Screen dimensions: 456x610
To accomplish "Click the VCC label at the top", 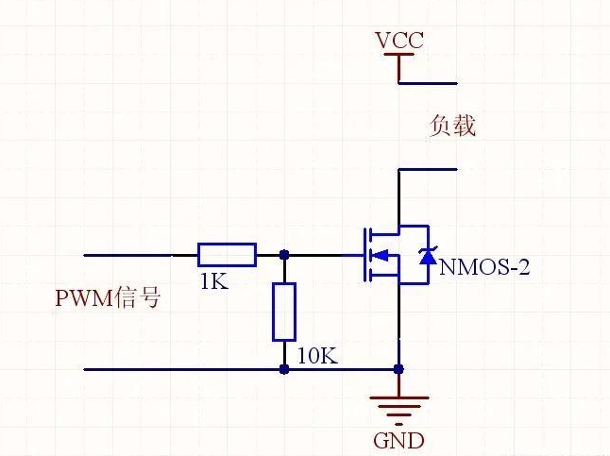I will pyautogui.click(x=399, y=41).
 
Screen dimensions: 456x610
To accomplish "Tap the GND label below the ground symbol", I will pyautogui.click(x=398, y=441).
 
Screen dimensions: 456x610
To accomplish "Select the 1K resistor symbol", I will pyautogui.click(x=227, y=255).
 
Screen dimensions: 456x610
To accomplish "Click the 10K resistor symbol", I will pyautogui.click(x=284, y=312).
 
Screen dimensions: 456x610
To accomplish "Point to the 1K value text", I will pyautogui.click(x=214, y=281).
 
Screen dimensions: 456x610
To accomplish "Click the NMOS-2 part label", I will pyautogui.click(x=484, y=267).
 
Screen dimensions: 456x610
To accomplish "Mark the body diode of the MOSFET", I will pyautogui.click(x=428, y=255).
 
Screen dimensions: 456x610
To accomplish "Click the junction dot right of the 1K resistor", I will pyautogui.click(x=284, y=255).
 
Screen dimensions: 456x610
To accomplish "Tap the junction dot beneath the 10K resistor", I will pyautogui.click(x=284, y=369).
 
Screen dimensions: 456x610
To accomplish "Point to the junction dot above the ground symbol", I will pyautogui.click(x=398, y=369).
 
